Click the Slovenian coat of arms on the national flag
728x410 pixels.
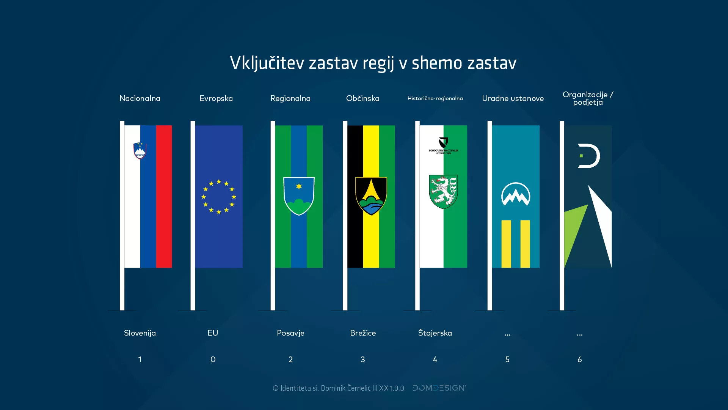(140, 151)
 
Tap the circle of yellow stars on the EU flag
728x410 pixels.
(219, 197)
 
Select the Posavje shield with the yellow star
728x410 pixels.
(299, 196)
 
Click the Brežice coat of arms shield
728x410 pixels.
(371, 196)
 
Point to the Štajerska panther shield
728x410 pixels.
(443, 191)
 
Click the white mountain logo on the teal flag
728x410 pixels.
(515, 194)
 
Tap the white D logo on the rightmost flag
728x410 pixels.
(588, 156)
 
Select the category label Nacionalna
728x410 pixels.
(140, 98)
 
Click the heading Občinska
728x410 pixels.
(363, 98)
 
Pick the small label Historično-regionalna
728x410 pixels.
(435, 98)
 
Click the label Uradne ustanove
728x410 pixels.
(513, 98)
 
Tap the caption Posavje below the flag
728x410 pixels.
(290, 333)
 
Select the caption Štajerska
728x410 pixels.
(435, 333)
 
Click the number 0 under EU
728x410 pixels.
(213, 360)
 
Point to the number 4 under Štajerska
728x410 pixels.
(435, 360)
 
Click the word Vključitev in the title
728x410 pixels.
(267, 63)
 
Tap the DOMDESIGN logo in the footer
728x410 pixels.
(439, 388)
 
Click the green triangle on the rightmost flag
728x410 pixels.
(574, 232)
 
